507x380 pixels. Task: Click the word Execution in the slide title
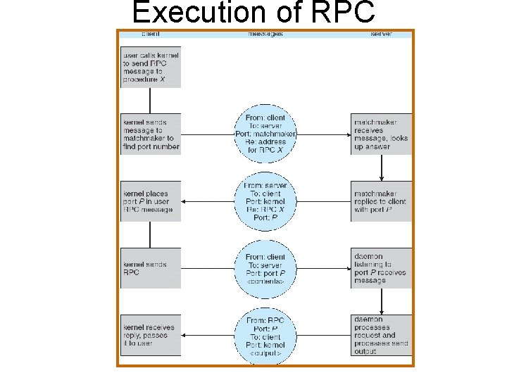[194, 14]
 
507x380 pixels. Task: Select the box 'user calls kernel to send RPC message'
[151, 67]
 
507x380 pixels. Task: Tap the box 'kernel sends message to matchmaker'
[151, 134]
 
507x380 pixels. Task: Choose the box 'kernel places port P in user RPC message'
[151, 201]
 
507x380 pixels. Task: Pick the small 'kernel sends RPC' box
[151, 268]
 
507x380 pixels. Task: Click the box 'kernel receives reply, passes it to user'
[151, 335]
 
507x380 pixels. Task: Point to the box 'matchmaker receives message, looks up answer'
[381, 134]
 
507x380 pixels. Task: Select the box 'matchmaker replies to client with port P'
[381, 201]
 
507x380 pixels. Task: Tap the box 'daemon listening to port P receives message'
[381, 268]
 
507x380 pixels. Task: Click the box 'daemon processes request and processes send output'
[381, 335]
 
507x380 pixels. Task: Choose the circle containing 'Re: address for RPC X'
[266, 134]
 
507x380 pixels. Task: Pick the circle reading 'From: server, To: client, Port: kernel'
[266, 201]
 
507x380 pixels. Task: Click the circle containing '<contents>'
[266, 268]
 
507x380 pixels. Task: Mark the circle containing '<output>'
[266, 335]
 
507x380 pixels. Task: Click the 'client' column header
[150, 34]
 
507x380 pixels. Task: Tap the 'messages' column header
[265, 34]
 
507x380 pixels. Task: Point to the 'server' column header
[381, 34]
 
